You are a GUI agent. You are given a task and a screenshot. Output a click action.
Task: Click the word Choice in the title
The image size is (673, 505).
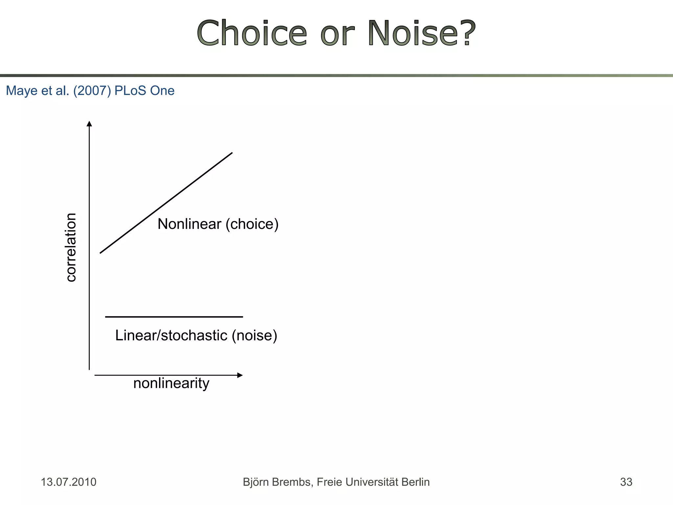click(252, 34)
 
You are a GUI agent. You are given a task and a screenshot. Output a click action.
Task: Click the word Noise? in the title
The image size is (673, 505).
click(422, 34)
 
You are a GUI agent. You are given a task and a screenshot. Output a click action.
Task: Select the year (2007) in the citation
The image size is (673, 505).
click(92, 91)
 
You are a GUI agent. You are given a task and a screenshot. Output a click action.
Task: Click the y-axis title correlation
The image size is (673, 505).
click(71, 247)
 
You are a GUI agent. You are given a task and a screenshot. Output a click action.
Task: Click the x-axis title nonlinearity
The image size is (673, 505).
click(171, 383)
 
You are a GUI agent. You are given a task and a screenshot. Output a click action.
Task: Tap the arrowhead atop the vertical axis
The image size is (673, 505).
click(89, 124)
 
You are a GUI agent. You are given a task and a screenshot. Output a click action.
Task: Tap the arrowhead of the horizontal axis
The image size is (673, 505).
click(240, 375)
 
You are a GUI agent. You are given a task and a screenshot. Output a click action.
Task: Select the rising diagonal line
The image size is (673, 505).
click(166, 203)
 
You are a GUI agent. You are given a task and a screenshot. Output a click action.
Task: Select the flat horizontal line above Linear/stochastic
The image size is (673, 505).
click(174, 317)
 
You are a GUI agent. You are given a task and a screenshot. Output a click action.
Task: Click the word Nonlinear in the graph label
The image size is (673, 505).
click(189, 224)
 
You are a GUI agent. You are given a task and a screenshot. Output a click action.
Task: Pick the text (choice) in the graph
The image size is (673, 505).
click(252, 224)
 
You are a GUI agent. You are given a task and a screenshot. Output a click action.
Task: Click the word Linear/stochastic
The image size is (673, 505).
click(171, 335)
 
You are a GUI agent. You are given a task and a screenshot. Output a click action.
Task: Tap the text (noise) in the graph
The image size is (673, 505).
click(254, 335)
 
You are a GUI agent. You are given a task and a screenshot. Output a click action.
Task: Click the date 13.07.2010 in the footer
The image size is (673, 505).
click(68, 482)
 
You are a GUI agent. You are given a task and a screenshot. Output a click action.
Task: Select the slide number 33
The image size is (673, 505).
click(626, 482)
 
